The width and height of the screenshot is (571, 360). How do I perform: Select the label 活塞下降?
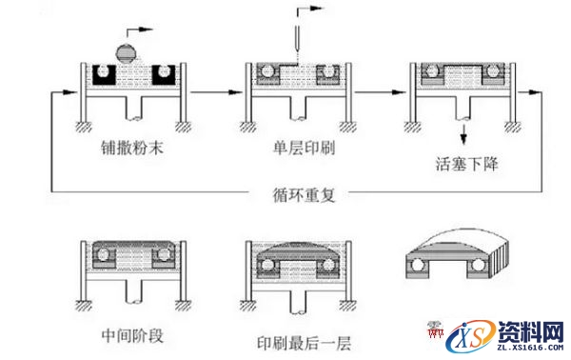tap(465, 163)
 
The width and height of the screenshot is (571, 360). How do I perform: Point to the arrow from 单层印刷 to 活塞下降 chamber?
tap(381, 92)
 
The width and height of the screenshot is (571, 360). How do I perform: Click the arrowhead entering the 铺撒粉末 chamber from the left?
tap(69, 92)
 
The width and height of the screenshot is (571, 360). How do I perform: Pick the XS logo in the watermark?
tap(472, 336)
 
